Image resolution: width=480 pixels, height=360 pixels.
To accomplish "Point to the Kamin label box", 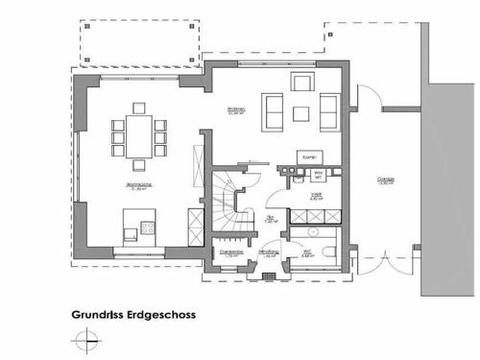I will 309,156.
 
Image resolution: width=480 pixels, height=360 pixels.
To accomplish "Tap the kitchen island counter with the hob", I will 139,229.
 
